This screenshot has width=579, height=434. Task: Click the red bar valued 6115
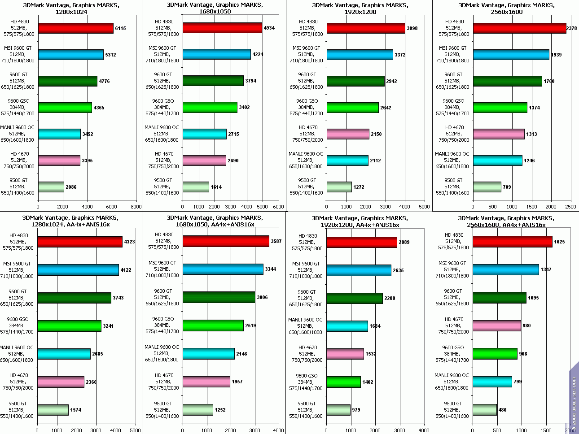[75, 28]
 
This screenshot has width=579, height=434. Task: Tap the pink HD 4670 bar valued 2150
[348, 134]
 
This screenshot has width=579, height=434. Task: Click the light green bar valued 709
[487, 187]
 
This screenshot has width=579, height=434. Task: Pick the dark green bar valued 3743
[74, 298]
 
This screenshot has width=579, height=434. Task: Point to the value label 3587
[276, 242]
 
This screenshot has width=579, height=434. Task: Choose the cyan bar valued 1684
[347, 326]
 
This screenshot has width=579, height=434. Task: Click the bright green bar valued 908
[495, 354]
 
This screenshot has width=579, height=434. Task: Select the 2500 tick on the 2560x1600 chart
[570, 207]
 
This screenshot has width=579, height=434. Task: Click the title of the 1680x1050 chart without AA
[215, 9]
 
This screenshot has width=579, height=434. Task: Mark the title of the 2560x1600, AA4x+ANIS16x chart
[506, 221]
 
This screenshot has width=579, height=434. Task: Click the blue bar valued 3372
[360, 55]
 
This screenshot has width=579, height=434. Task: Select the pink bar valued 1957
[206, 382]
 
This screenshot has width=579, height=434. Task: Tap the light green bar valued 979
[338, 410]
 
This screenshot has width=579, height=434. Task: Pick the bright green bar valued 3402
[210, 108]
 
